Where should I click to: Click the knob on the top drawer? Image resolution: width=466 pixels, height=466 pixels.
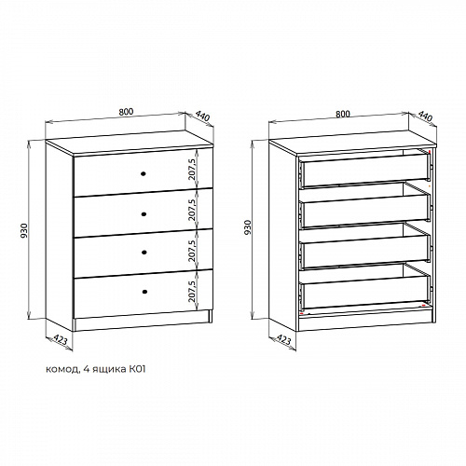coord(144,174)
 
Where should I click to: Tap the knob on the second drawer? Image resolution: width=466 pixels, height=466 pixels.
coord(144,213)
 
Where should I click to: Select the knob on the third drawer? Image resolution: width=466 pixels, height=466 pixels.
coord(144,252)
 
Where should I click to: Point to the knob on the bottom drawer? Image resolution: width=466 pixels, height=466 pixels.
coord(144,292)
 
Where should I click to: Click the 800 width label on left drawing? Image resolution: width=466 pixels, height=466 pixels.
coord(126,112)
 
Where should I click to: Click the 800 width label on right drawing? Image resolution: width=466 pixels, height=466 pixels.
coord(343,114)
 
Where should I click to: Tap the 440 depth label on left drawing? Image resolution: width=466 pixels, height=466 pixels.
coord(203,116)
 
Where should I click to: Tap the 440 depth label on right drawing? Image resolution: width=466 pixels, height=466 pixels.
coord(425,116)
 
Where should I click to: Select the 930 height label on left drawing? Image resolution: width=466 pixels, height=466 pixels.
coord(24,231)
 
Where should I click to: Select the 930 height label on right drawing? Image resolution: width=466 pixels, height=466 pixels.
coord(247,227)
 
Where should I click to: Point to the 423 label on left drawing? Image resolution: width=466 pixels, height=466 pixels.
coord(61,339)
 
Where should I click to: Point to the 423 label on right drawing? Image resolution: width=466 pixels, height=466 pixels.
coord(283,339)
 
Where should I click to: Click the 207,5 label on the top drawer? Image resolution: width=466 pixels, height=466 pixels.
coord(192,170)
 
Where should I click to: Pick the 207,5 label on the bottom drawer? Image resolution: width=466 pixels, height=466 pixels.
coord(192,291)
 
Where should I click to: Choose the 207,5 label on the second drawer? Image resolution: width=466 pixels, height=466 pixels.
coord(192,210)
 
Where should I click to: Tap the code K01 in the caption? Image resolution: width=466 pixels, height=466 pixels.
coord(137,369)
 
